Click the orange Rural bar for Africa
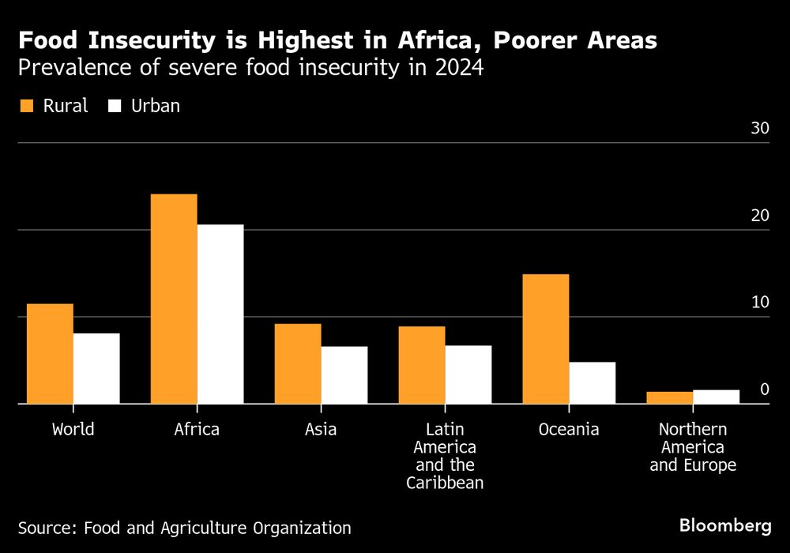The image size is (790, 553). [174, 299]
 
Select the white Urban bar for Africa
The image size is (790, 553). [220, 314]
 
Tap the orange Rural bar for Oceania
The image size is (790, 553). [545, 339]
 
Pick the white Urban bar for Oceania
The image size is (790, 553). [592, 382]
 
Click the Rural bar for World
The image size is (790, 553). [50, 353]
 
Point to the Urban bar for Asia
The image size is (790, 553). [344, 374]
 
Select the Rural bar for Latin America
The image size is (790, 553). [422, 364]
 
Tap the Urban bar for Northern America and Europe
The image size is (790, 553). [716, 397]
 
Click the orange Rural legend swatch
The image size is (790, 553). [26, 105]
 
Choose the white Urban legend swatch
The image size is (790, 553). [113, 105]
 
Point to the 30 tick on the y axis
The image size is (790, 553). [759, 129]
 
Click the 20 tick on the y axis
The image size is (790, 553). [759, 216]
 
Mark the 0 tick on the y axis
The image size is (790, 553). [764, 389]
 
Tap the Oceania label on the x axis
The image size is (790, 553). [569, 430]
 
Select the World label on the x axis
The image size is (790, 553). [73, 430]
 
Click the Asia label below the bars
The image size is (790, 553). [321, 430]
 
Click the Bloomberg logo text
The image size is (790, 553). [725, 525]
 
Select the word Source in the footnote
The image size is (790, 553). [44, 528]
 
